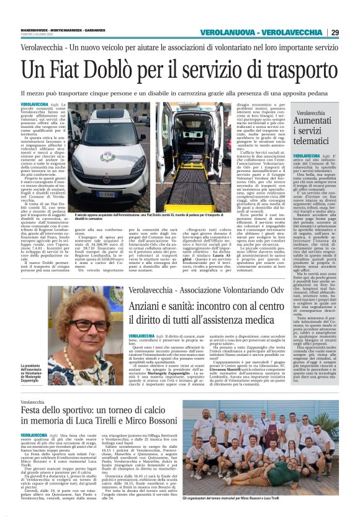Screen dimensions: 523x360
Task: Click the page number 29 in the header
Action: (x=351, y=32)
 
